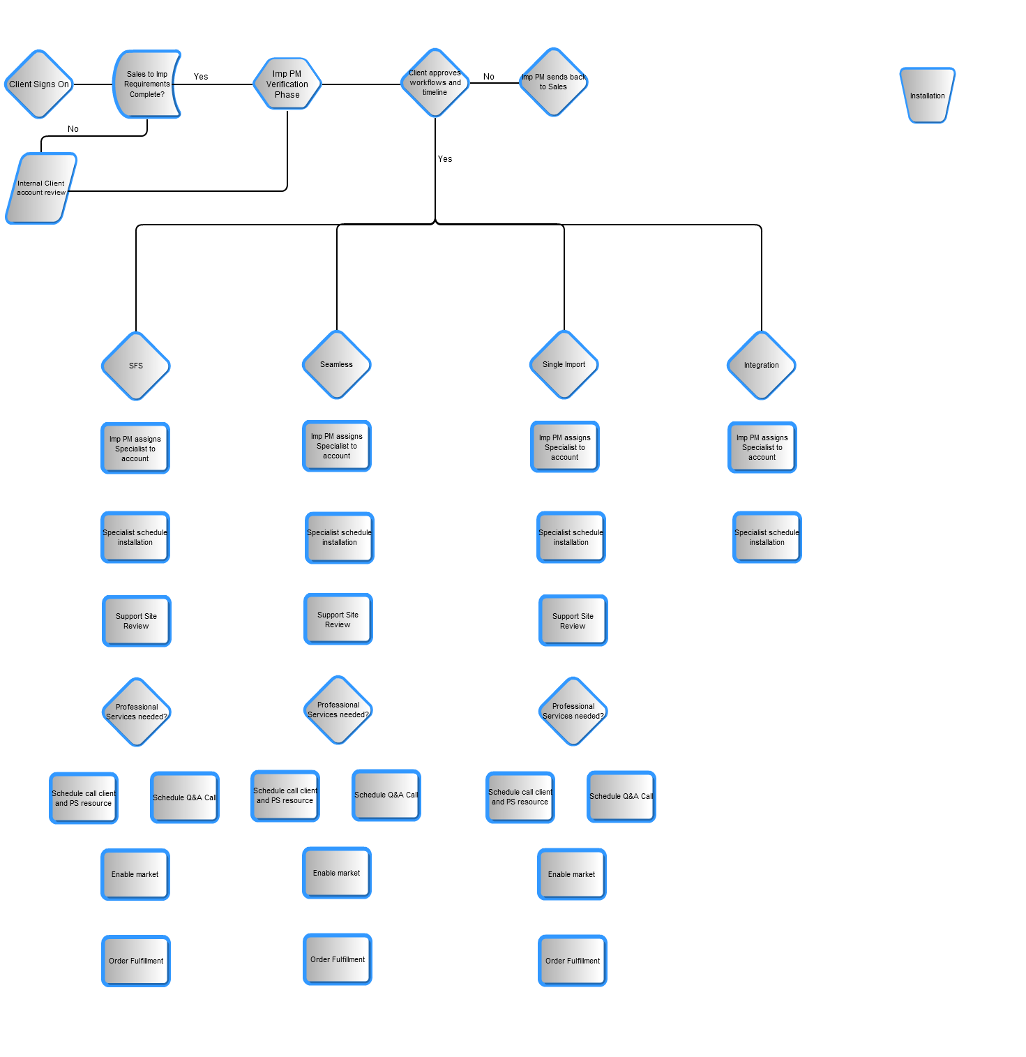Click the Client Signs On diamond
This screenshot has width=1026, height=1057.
click(x=39, y=84)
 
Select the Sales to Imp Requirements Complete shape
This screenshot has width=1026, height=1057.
click(x=146, y=84)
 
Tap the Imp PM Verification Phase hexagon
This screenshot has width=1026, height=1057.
click(x=287, y=84)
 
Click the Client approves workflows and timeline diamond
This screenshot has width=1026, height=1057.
click(x=435, y=82)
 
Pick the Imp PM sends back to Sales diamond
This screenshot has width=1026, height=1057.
click(x=554, y=82)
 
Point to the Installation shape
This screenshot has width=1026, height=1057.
click(x=927, y=96)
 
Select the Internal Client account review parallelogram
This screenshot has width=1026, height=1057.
click(x=41, y=188)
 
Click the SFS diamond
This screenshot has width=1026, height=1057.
click(x=136, y=366)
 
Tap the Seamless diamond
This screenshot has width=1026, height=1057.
click(x=337, y=364)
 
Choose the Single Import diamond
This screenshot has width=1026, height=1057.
click(x=564, y=364)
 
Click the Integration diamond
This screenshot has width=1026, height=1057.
click(x=762, y=365)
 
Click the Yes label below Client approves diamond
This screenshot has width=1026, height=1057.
click(x=445, y=159)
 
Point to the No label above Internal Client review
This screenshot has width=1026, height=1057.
click(x=73, y=129)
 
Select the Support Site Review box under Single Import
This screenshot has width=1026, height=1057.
click(x=573, y=621)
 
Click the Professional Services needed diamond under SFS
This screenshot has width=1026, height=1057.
click(x=137, y=712)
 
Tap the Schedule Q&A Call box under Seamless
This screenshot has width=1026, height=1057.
click(x=386, y=795)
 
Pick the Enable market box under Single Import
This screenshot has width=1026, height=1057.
click(x=572, y=874)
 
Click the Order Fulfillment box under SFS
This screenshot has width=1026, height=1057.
click(x=136, y=961)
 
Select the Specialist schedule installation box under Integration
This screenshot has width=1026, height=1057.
click(x=767, y=537)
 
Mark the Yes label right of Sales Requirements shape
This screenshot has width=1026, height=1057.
click(x=201, y=77)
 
